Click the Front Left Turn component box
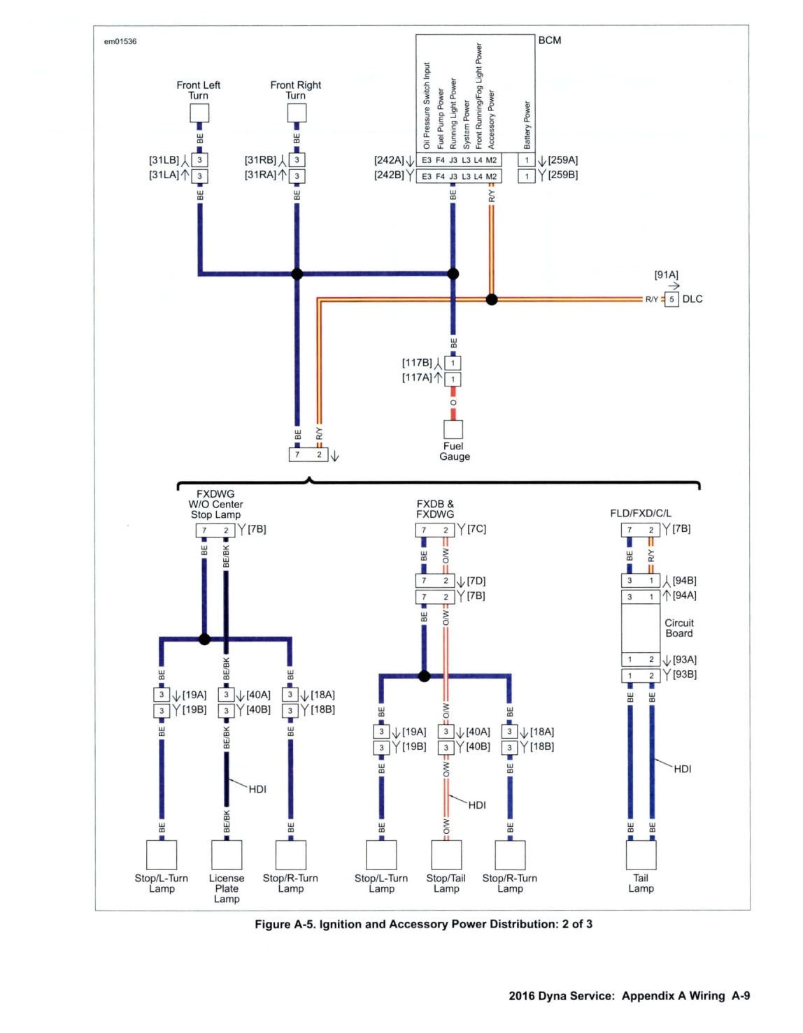(199, 113)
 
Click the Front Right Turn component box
(297, 113)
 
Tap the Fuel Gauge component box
(453, 429)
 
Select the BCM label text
(550, 41)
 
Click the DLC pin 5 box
(671, 300)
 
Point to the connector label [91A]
(666, 275)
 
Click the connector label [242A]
(389, 160)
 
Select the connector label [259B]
(563, 175)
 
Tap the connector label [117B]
(417, 363)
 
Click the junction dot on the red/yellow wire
(492, 300)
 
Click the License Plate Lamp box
(227, 855)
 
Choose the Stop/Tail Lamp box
(446, 855)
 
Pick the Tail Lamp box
(641, 855)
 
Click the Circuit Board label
(678, 628)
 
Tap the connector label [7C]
(476, 529)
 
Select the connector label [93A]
(685, 660)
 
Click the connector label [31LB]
(164, 160)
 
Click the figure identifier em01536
(120, 41)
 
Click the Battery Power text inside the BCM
(527, 124)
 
